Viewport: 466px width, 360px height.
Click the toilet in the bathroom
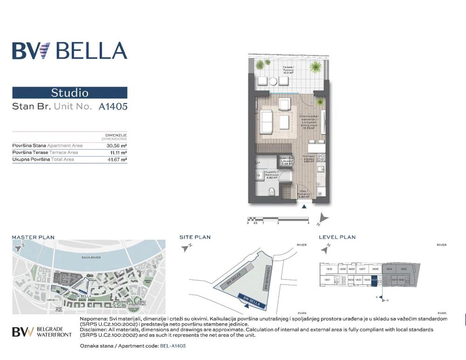[x=274, y=191]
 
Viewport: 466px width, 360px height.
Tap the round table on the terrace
[x=273, y=81]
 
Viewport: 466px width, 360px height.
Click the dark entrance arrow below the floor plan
[x=304, y=206]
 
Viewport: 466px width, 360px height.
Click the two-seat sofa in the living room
[x=267, y=122]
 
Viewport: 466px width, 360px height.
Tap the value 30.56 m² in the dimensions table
[x=117, y=145]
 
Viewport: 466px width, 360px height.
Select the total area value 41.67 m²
[x=117, y=159]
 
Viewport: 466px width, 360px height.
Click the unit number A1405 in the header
[x=113, y=106]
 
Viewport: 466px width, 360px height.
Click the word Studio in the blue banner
[x=69, y=93]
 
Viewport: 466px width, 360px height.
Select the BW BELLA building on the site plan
[x=251, y=302]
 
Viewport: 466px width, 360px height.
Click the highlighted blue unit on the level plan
[x=380, y=280]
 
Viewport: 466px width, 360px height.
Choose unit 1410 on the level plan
[x=329, y=269]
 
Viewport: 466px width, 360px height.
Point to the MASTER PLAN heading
[x=33, y=237]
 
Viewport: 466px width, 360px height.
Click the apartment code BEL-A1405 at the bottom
[x=172, y=346]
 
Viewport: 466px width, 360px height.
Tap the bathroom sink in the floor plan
[x=260, y=176]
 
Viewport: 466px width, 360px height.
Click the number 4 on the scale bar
[x=308, y=223]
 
